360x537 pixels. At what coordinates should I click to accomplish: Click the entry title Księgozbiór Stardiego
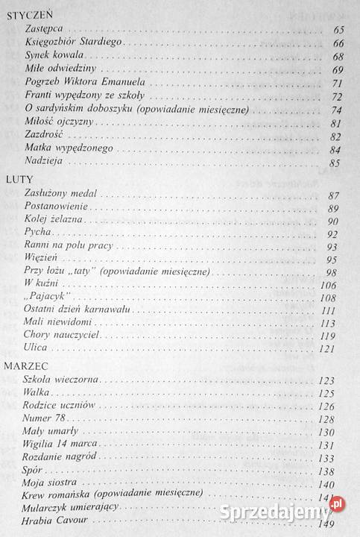point(73,43)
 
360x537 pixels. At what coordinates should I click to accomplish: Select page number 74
point(335,110)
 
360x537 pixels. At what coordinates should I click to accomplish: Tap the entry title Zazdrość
point(43,136)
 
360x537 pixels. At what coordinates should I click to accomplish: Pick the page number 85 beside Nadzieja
point(335,163)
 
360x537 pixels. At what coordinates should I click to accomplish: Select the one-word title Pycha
point(37,234)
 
